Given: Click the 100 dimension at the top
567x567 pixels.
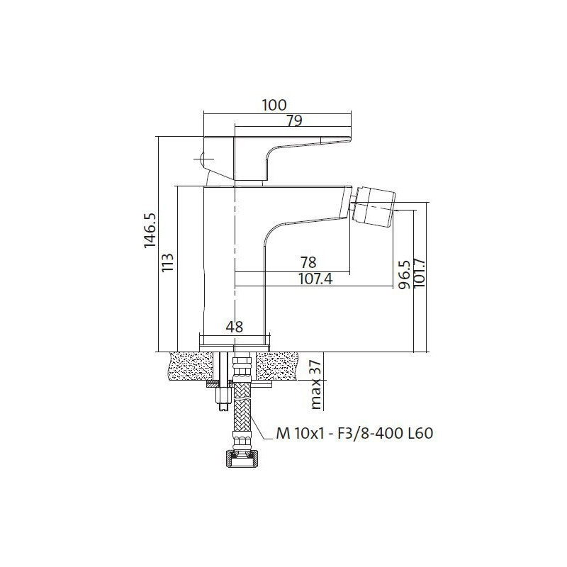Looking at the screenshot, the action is [x=274, y=105].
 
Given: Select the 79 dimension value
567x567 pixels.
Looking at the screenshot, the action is [x=294, y=120].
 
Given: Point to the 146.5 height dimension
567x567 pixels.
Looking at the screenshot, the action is [x=150, y=230].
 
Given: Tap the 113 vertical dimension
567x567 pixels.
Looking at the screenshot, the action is [x=168, y=262].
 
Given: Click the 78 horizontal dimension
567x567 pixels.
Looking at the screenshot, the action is [x=308, y=262].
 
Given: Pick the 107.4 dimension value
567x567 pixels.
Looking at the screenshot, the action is [x=315, y=279].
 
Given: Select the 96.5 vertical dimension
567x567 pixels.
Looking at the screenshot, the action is [x=404, y=275].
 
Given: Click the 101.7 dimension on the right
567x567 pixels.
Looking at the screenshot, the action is [x=419, y=273].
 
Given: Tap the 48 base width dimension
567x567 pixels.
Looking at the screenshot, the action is [x=235, y=327].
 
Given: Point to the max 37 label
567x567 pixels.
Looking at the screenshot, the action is [x=315, y=384].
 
